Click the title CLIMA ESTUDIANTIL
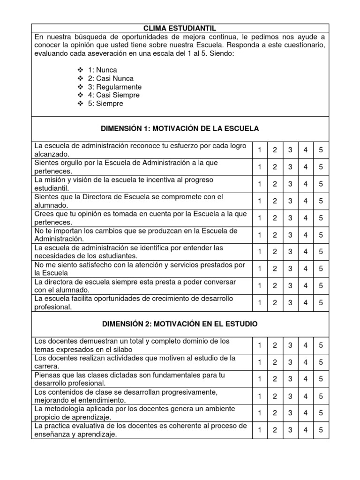pos(180,28)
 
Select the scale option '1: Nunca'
pos(102,70)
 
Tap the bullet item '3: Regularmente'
pos(114,87)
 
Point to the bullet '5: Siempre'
pos(105,104)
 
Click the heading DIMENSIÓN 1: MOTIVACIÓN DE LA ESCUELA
pos(180,128)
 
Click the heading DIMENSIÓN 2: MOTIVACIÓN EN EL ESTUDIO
pos(180,324)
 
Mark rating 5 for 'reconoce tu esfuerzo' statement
pos(321,150)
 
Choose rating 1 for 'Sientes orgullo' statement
pos(260,167)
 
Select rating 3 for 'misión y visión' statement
pos(290,184)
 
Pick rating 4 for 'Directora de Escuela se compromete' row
pos(306,201)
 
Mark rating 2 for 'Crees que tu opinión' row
pos(275,217)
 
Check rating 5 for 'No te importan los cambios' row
pos(321,235)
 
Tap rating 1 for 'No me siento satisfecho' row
pos(260,269)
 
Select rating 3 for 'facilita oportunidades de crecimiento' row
pos(290,302)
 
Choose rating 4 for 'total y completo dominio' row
pos(306,345)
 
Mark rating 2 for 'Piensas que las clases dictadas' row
pos(275,379)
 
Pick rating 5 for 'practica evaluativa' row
pos(321,429)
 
